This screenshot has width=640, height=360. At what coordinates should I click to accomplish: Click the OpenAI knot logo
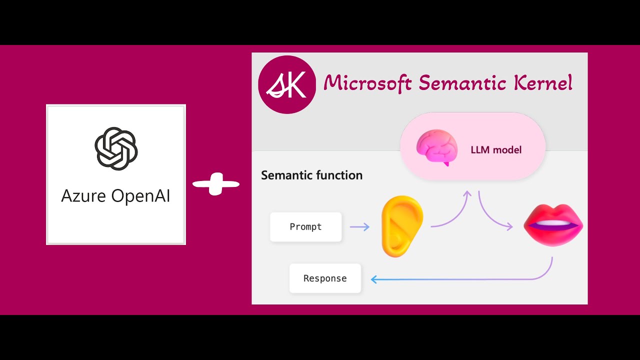(116, 148)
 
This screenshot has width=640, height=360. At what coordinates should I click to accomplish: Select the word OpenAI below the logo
(140, 195)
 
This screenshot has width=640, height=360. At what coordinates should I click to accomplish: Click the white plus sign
(216, 184)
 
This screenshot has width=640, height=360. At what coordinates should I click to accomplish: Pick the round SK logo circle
(287, 84)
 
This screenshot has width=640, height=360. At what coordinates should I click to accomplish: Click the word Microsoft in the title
(367, 83)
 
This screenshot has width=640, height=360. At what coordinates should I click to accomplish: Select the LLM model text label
(496, 149)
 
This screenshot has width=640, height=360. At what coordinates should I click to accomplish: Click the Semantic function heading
(311, 175)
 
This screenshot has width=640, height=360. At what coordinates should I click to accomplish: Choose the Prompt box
(306, 227)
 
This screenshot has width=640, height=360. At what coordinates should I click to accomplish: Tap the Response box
(325, 278)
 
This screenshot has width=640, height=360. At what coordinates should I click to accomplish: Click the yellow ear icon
(401, 226)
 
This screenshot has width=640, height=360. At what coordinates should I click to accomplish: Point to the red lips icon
(553, 224)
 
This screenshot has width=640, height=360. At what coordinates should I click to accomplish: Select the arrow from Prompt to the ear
(359, 227)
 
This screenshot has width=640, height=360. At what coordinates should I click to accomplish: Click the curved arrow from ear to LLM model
(452, 212)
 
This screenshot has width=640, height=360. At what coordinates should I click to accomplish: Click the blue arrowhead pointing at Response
(374, 279)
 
